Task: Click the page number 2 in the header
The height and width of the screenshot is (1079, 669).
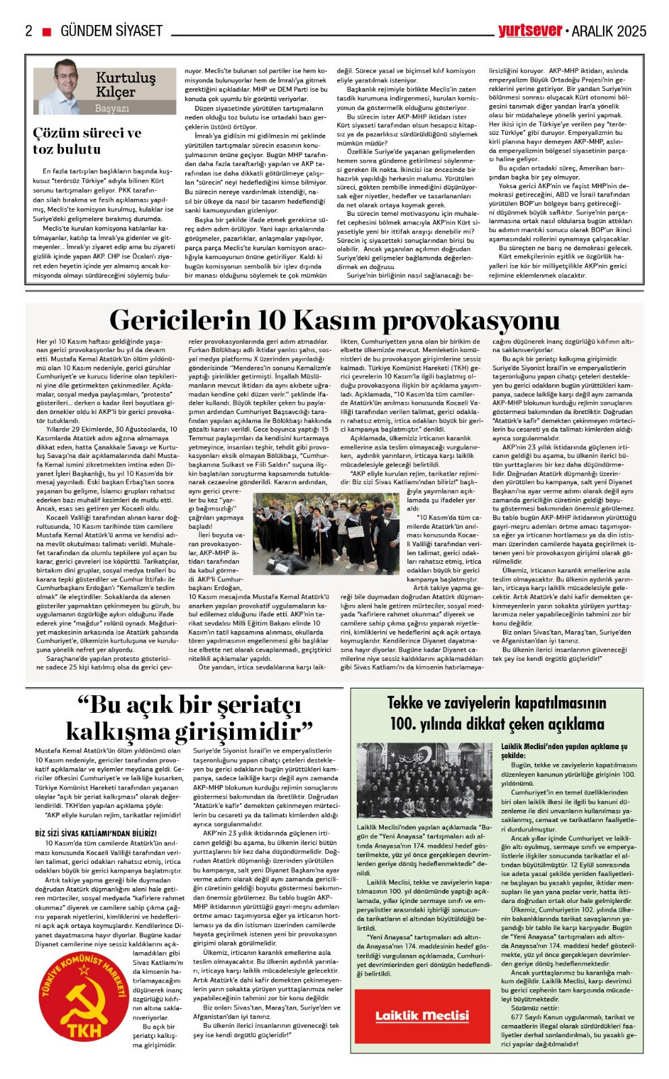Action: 28,31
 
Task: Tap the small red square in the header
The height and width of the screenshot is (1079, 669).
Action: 47,32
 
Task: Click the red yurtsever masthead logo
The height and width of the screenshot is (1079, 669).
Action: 530,30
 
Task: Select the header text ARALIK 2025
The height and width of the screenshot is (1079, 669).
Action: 609,31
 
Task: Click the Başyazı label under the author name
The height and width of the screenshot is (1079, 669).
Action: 112,108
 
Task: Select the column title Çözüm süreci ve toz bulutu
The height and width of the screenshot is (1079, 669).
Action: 87,141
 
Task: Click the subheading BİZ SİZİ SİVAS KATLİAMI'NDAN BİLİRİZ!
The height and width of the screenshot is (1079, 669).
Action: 96,834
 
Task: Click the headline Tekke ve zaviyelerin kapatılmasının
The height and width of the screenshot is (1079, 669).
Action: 497,703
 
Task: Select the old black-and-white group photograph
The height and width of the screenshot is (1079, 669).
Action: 424,781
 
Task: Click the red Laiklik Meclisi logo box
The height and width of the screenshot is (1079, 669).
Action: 422,1016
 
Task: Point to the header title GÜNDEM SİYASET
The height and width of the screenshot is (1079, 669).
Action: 112,31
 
